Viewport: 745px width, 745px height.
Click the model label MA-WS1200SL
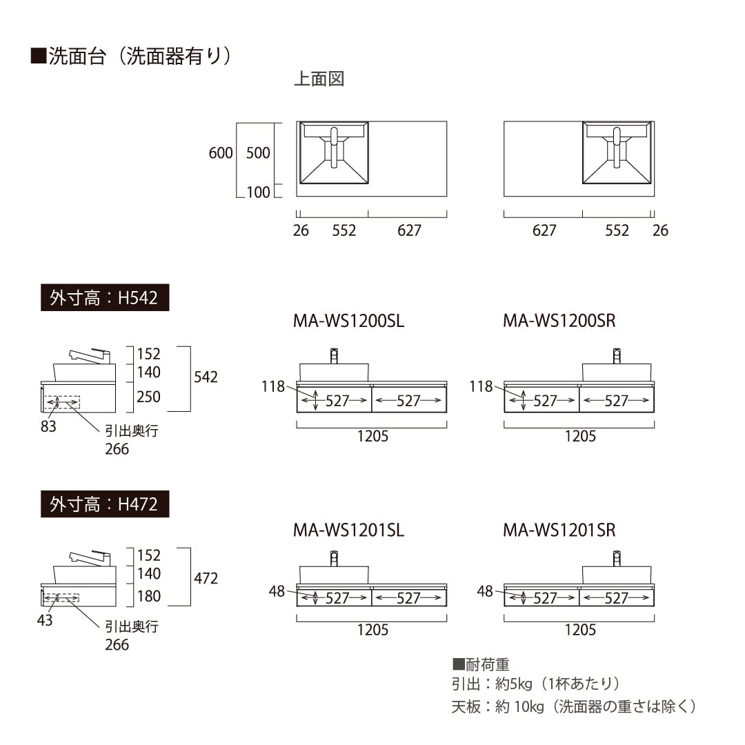pos(348,321)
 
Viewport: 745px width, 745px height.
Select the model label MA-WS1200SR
pos(559,321)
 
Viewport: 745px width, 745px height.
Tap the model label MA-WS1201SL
pos(348,530)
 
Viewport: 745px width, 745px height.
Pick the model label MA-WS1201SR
pos(559,530)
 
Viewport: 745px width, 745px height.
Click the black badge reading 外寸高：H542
pos(105,297)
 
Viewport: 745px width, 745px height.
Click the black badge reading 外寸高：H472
pos(105,504)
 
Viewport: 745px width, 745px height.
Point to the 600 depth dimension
pos(221,153)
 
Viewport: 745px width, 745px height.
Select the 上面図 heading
pos(319,79)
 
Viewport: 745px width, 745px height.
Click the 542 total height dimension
pos(206,377)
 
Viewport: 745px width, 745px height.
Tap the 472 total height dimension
pos(206,578)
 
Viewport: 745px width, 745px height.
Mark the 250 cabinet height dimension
pos(149,397)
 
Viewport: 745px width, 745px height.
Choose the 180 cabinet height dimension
pos(149,596)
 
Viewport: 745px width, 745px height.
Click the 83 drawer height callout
pos(48,426)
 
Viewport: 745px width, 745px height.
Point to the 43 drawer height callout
pos(45,620)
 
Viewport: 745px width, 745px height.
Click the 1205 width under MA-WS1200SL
pos(372,436)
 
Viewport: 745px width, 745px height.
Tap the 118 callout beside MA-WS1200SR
pos(481,386)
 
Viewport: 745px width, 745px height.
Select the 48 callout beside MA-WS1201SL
pos(277,591)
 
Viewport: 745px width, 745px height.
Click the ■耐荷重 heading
pos(481,664)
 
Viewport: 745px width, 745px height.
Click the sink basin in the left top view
pos(334,152)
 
